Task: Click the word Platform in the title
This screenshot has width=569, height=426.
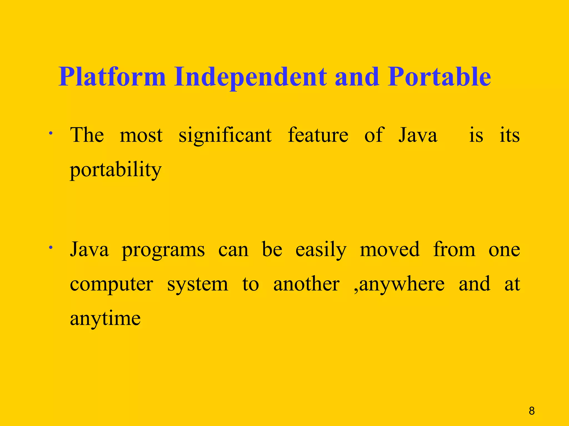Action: [112, 77]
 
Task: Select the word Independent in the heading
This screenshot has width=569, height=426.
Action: [250, 77]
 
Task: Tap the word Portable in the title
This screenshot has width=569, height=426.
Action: [439, 77]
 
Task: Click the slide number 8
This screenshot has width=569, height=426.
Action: [531, 411]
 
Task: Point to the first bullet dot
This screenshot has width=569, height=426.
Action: [50, 133]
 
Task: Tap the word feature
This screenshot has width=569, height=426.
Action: [318, 135]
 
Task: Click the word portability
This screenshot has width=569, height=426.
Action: [116, 170]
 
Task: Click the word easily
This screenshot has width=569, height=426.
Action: [321, 250]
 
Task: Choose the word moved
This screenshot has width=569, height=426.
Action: [390, 249]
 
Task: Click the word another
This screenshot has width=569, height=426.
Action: [306, 284]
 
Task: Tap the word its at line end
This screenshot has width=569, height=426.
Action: [509, 135]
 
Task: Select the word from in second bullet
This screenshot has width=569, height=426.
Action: [454, 249]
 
